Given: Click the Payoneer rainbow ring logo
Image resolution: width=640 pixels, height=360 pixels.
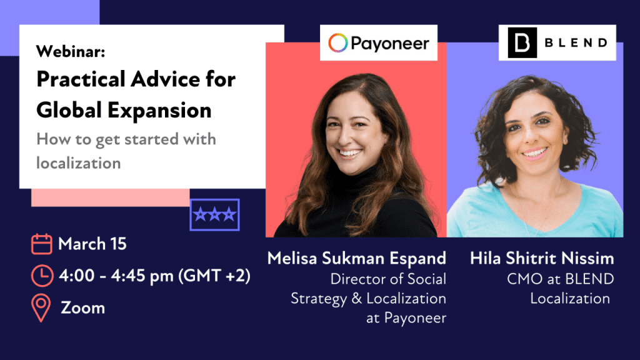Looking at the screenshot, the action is coord(338,42).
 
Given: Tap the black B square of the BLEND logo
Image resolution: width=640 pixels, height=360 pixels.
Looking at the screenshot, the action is coord(522,42).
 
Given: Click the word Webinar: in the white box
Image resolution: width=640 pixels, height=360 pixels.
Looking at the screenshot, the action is coord(71,51).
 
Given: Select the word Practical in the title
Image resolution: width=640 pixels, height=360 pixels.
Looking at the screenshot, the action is coord(81,79).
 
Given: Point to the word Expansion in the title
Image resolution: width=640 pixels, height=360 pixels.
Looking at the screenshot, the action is coord(159,110).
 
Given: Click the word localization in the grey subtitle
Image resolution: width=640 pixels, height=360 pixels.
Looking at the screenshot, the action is coord(78,163).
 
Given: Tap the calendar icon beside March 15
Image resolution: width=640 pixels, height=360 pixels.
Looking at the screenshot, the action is coord(42,244).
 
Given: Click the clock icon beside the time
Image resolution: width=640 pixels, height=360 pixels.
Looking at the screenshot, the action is coord(42,276).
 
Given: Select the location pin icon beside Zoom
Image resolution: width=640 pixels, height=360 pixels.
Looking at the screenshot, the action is coord(41,307).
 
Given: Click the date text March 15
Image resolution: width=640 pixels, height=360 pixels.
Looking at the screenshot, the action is coord(92,244).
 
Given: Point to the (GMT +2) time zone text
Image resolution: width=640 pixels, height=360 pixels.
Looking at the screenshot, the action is coord(214,276).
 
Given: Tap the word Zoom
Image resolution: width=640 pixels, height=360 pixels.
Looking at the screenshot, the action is coord(83,307).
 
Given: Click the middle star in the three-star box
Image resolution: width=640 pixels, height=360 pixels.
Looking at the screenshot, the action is coord(215,214).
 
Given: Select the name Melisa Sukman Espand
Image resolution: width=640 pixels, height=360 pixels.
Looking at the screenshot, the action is coord(357,258).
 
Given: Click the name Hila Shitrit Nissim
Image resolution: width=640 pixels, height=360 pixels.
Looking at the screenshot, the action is coord(542,258).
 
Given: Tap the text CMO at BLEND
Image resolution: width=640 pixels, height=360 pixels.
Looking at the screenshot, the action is coord(561,279).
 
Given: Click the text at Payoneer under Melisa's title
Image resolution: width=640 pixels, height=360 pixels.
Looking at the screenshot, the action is coord(406,318).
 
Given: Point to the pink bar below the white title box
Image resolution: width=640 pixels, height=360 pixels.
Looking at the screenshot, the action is coord(110,197).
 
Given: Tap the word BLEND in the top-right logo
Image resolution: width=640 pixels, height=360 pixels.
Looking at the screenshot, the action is coord(576,42).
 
